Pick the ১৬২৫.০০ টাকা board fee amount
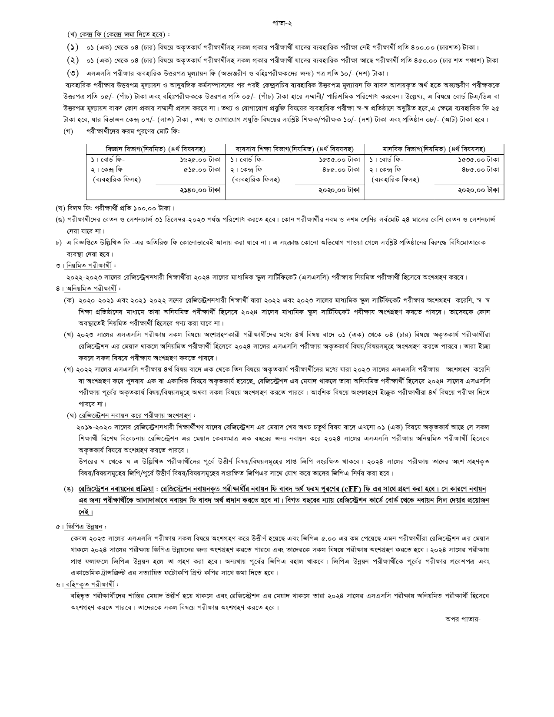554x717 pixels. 200,159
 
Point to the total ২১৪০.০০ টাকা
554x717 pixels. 200,190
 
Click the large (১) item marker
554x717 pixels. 73,47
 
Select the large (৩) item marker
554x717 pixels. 73,73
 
